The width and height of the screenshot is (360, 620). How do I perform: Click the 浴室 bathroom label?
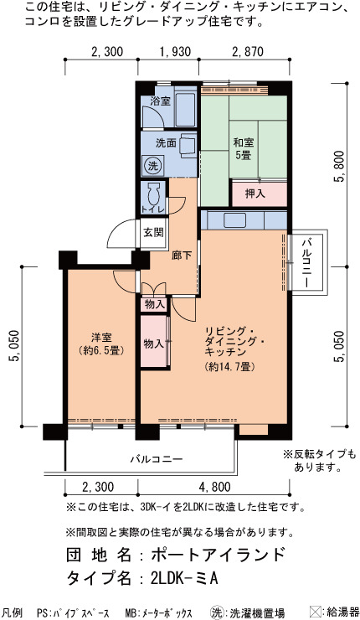tap(161, 101)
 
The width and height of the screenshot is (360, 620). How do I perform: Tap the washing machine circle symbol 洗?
tap(152, 166)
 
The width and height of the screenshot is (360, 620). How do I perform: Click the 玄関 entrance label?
tap(153, 232)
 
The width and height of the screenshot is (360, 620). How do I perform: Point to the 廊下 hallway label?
tap(182, 256)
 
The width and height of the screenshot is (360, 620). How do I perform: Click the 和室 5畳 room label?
tap(244, 148)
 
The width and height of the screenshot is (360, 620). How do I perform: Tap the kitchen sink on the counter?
tap(234, 220)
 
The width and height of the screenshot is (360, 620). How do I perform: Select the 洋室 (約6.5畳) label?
tap(101, 344)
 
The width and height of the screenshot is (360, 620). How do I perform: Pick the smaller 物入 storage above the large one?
tap(154, 304)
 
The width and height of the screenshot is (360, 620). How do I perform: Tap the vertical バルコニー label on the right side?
tap(307, 262)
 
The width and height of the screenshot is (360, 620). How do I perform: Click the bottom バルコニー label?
tap(157, 459)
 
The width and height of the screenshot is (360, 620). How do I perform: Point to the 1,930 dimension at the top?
tap(175, 52)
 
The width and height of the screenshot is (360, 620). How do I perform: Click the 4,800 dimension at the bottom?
tap(215, 486)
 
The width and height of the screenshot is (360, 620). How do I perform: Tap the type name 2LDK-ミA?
tap(184, 578)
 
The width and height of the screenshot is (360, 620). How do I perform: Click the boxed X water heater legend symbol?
tap(316, 612)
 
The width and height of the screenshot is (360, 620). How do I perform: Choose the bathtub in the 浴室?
tap(184, 110)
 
